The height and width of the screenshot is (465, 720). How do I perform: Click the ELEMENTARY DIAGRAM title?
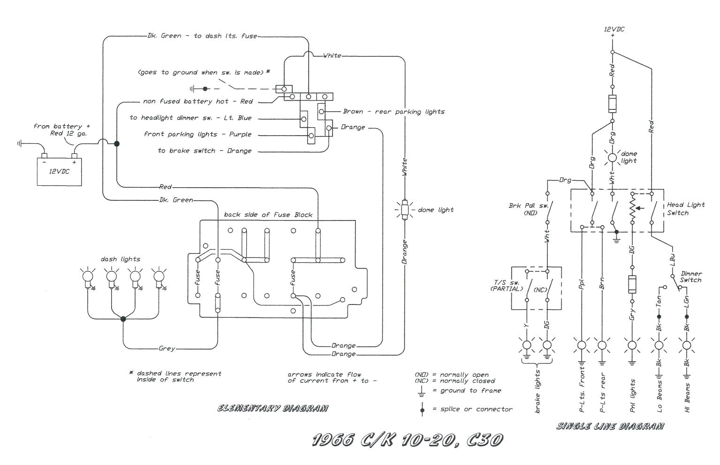click(x=273, y=408)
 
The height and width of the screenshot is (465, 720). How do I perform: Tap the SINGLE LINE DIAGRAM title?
click(x=610, y=426)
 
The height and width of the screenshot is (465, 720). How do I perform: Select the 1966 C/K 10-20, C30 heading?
click(x=408, y=440)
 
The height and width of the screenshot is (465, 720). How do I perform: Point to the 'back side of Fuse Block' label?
click(x=268, y=215)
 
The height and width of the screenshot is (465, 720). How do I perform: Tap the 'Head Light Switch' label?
click(x=685, y=209)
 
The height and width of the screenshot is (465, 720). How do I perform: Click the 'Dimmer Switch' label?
click(x=691, y=277)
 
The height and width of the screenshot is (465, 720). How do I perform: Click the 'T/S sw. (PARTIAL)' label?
click(x=506, y=285)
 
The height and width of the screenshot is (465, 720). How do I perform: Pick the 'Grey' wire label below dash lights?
click(x=167, y=349)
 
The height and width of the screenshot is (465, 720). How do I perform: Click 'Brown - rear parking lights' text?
click(x=394, y=112)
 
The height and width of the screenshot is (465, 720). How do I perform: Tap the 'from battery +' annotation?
click(x=61, y=127)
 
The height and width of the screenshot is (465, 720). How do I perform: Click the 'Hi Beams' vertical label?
click(x=687, y=398)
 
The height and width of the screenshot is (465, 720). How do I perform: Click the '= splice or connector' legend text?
click(x=476, y=409)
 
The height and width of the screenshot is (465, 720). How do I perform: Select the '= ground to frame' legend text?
click(x=470, y=390)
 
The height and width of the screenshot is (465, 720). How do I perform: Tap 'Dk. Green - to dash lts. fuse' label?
click(x=202, y=36)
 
